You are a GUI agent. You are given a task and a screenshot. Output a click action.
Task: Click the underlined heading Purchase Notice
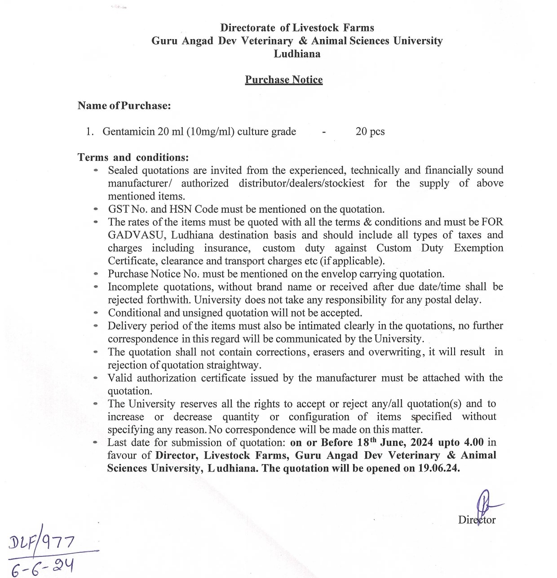tap(283, 80)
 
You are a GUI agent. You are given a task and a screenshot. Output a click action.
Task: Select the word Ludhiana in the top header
tap(297, 54)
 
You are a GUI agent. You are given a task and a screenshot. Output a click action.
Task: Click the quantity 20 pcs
tap(370, 132)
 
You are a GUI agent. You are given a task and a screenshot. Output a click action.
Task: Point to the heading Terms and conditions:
tap(133, 157)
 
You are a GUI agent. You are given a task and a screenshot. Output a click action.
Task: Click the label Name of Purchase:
tap(124, 106)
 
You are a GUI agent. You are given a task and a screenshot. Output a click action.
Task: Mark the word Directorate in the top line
tap(248, 28)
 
